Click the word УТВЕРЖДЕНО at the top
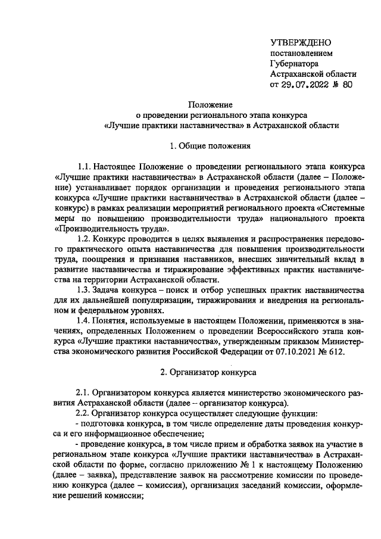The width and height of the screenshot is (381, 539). (301, 42)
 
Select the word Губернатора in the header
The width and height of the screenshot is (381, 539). (294, 63)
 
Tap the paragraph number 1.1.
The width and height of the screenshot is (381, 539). (87, 166)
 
